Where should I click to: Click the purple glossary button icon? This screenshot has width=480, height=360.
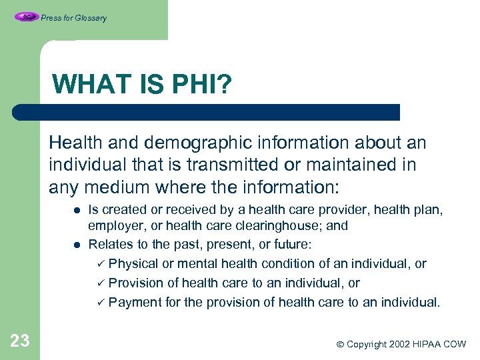pyautogui.click(x=27, y=17)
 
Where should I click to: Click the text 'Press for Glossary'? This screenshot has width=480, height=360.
pyautogui.click(x=73, y=18)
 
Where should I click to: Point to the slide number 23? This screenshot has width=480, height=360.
pyautogui.click(x=20, y=341)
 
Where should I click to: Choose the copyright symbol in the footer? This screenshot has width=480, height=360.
pyautogui.click(x=339, y=345)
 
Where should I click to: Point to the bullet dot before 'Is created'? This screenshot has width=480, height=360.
pyautogui.click(x=77, y=210)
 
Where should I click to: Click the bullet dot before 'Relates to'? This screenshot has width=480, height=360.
pyautogui.click(x=77, y=244)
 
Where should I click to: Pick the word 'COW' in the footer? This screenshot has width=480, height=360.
pyautogui.click(x=454, y=344)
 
